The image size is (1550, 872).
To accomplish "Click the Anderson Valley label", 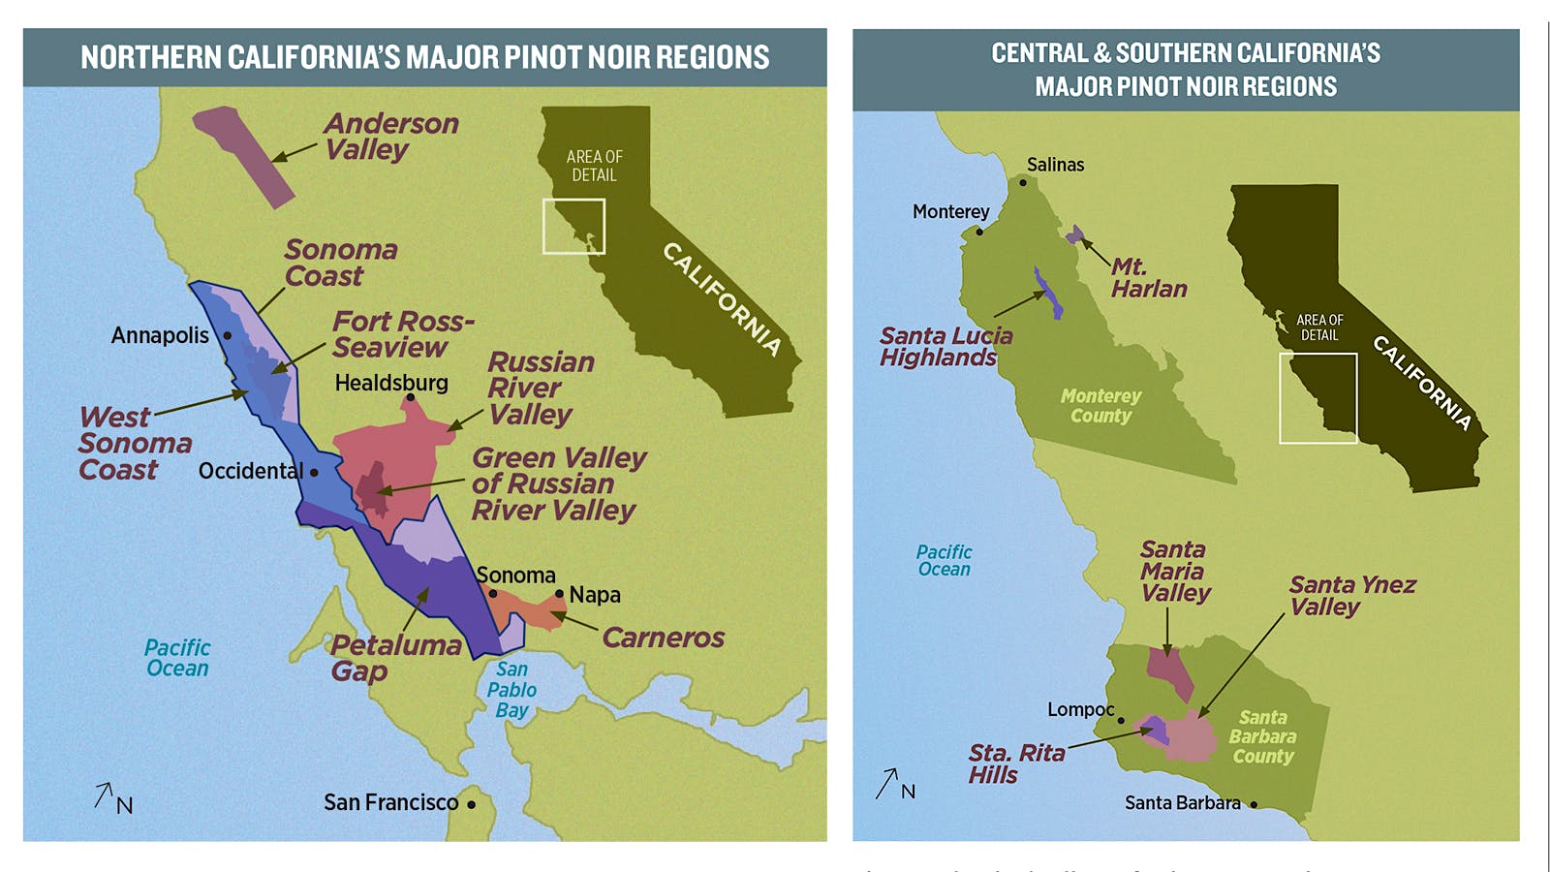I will pyautogui.click(x=390, y=137).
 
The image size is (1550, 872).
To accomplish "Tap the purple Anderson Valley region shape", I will pyautogui.click(x=243, y=154).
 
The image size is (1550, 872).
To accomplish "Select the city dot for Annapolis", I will pyautogui.click(x=228, y=335).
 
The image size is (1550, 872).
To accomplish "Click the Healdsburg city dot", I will pyautogui.click(x=410, y=397).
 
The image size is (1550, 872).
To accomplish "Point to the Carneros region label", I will pyautogui.click(x=663, y=638).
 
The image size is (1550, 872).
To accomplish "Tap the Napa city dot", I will pyautogui.click(x=559, y=594).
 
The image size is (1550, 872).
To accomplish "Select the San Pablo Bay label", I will pyautogui.click(x=511, y=690).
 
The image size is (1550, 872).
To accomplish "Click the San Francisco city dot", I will pyautogui.click(x=472, y=804).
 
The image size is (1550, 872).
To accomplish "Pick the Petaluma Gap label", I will pyautogui.click(x=395, y=658).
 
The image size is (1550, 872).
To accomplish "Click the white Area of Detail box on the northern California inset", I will pyautogui.click(x=573, y=227).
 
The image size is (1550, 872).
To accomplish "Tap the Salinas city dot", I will pyautogui.click(x=1022, y=182).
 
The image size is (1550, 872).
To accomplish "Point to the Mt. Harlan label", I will pyautogui.click(x=1148, y=278).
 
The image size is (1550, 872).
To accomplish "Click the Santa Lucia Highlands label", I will pyautogui.click(x=945, y=347).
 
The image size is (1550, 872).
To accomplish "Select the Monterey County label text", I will pyautogui.click(x=1100, y=406).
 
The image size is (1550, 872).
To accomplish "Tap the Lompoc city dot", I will pyautogui.click(x=1121, y=720).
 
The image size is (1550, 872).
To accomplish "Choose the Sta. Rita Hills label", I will pyautogui.click(x=1015, y=763).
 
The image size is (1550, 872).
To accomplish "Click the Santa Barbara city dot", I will pyautogui.click(x=1254, y=804).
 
